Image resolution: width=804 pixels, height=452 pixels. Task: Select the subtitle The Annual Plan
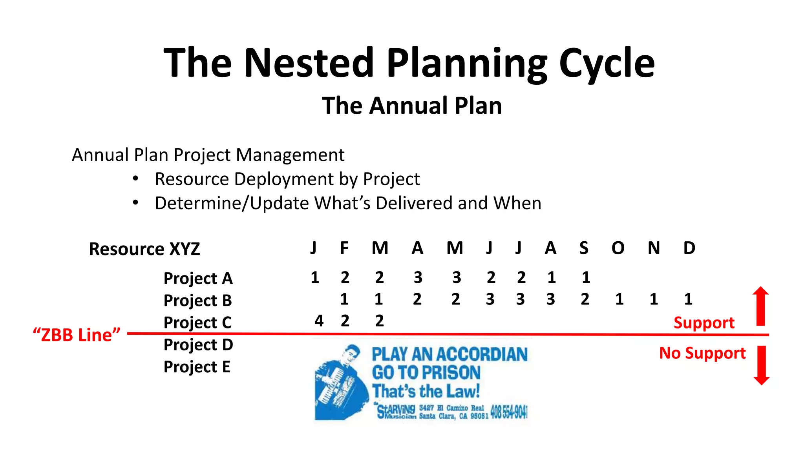click(x=412, y=106)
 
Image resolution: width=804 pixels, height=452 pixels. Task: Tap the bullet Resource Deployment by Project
click(x=287, y=179)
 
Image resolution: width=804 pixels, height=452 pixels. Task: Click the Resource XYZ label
click(x=144, y=249)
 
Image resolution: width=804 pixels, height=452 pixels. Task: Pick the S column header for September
click(x=584, y=248)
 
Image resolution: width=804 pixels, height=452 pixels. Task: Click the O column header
click(x=618, y=248)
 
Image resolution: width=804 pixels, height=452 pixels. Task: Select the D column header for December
click(x=689, y=248)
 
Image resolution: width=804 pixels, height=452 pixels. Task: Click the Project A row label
click(x=198, y=278)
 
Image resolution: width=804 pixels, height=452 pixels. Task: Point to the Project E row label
click(x=197, y=367)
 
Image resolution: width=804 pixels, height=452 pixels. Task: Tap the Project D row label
click(x=198, y=345)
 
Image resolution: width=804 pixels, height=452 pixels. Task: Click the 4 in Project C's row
click(x=319, y=321)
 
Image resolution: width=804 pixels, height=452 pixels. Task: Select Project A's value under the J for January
click(x=314, y=277)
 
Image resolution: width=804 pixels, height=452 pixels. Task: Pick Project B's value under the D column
click(x=688, y=299)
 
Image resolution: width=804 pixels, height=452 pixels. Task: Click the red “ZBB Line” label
click(x=77, y=335)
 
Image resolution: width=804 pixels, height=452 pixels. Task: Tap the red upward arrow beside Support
click(x=761, y=306)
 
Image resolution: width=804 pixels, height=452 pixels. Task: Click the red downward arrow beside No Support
click(x=762, y=365)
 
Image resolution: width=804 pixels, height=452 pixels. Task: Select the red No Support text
click(x=702, y=353)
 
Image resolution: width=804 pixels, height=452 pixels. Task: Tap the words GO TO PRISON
click(x=426, y=373)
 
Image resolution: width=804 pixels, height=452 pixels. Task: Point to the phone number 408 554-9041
click(x=509, y=412)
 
